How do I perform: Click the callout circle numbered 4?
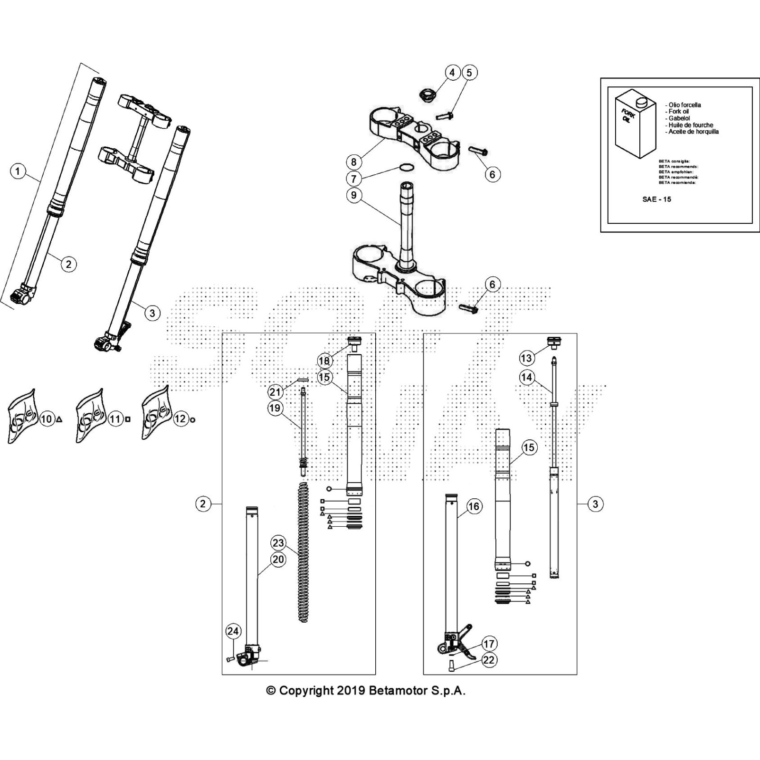(x=452, y=73)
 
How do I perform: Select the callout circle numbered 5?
(x=469, y=73)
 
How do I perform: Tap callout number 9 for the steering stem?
(x=354, y=195)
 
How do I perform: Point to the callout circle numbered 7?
(x=354, y=179)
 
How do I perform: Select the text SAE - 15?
(x=656, y=199)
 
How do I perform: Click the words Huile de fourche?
(x=691, y=125)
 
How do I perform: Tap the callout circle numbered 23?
(x=278, y=543)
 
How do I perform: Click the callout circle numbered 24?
(x=233, y=631)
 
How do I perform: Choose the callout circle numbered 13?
(x=526, y=358)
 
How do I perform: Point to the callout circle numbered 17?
(x=489, y=644)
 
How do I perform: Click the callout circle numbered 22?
(x=489, y=660)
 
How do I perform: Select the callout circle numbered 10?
(x=46, y=419)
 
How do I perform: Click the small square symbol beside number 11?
(x=128, y=419)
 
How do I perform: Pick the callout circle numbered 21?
(x=275, y=392)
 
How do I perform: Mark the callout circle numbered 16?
(x=474, y=506)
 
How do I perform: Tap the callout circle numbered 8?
(x=354, y=162)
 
